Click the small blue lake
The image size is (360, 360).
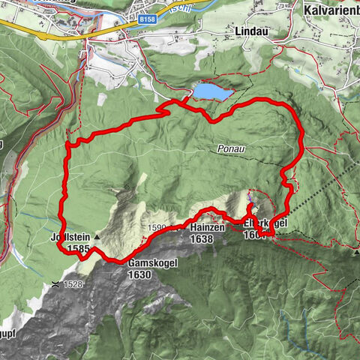click(213, 91)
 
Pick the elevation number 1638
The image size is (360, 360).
click(202, 239)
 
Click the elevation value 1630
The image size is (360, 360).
click(140, 274)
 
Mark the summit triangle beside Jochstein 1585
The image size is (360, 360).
click(97, 236)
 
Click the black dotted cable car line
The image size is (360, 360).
click(322, 187)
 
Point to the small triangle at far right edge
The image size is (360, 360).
click(356, 253)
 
